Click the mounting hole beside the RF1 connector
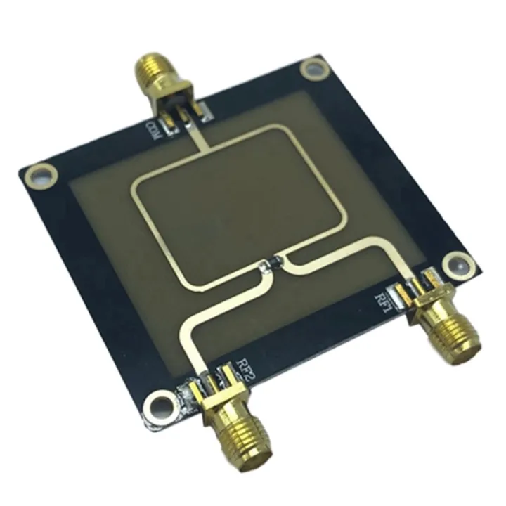pos(458,261)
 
